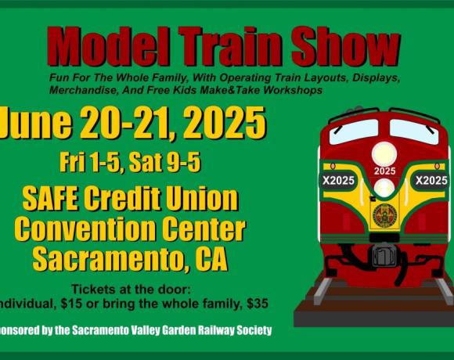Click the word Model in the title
[x=109, y=45]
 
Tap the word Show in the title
[x=346, y=45]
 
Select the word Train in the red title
[x=230, y=45]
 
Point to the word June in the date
[x=35, y=122]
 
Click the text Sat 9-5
[x=164, y=162]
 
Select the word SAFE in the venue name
[x=50, y=199]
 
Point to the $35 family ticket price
[x=258, y=304]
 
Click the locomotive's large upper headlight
[x=384, y=154]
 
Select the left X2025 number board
[x=338, y=181]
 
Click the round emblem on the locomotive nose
[x=384, y=215]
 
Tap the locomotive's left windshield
[x=354, y=131]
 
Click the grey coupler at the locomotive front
[x=384, y=255]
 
